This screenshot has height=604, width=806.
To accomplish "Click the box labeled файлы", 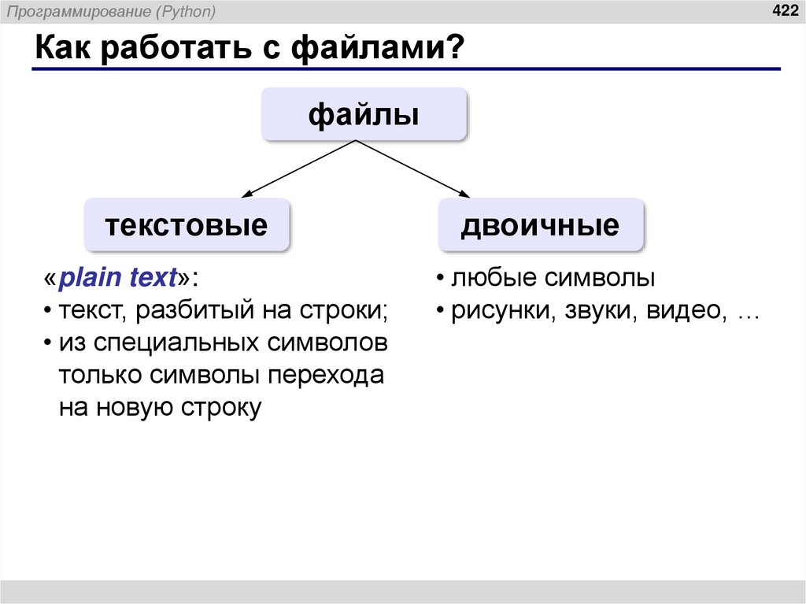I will click(364, 116).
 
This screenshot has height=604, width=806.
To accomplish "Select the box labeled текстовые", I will click(187, 225).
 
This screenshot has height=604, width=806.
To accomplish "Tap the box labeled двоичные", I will click(540, 225).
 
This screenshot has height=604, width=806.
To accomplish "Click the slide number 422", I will click(784, 10).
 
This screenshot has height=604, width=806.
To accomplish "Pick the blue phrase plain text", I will click(118, 278).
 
